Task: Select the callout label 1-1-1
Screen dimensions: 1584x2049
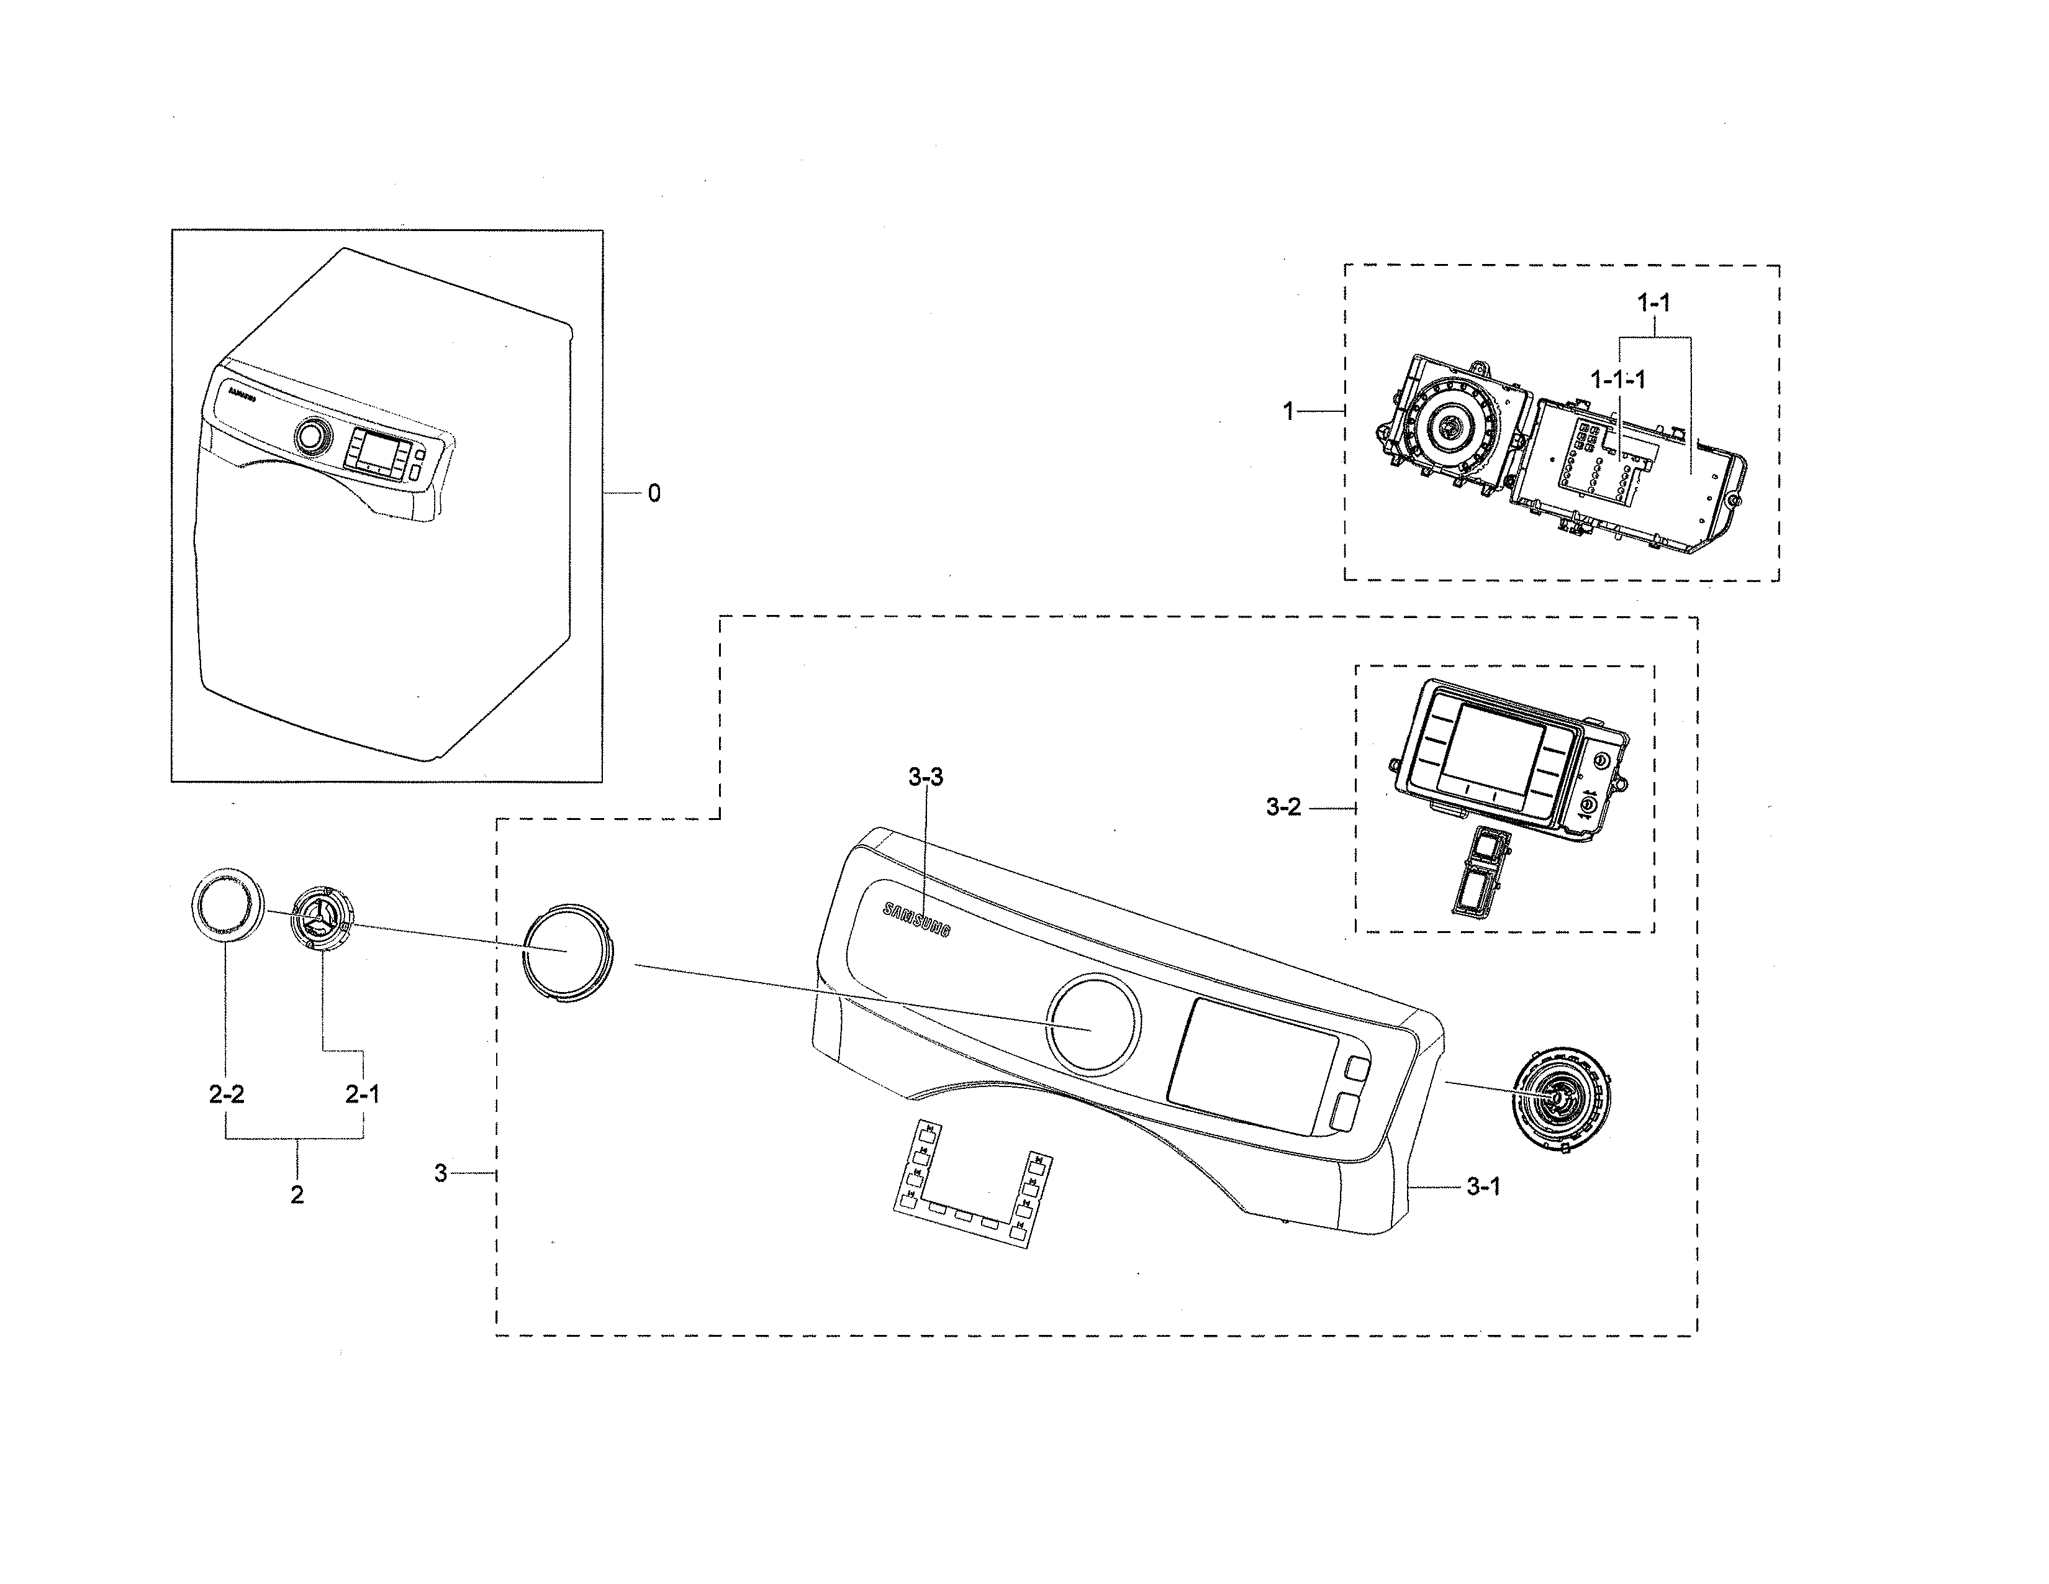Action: pyautogui.click(x=1617, y=379)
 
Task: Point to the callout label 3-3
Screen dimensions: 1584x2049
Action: pyautogui.click(x=926, y=777)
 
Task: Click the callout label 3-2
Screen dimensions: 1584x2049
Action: pyautogui.click(x=1283, y=807)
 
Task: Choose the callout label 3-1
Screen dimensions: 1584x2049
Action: pyautogui.click(x=1483, y=1187)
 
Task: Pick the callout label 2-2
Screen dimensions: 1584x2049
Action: pyautogui.click(x=226, y=1094)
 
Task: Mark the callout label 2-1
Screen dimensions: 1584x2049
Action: pyautogui.click(x=362, y=1094)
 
